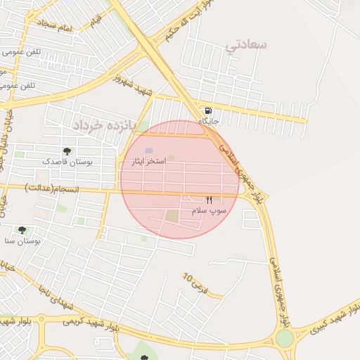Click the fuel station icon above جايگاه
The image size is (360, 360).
(208, 111)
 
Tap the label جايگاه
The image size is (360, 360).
(209, 122)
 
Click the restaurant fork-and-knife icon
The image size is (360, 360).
(209, 200)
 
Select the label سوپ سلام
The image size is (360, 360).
(208, 210)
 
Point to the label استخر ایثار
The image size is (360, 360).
(149, 161)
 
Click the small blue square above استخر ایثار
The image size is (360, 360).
(148, 150)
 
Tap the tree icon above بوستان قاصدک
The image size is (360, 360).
(67, 151)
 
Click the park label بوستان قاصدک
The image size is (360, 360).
(67, 162)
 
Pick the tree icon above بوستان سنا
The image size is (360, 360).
(22, 230)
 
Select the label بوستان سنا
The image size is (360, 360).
(22, 240)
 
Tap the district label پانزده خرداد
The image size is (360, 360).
(103, 124)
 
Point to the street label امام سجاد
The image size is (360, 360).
(56, 27)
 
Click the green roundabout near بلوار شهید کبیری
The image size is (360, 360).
(284, 339)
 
